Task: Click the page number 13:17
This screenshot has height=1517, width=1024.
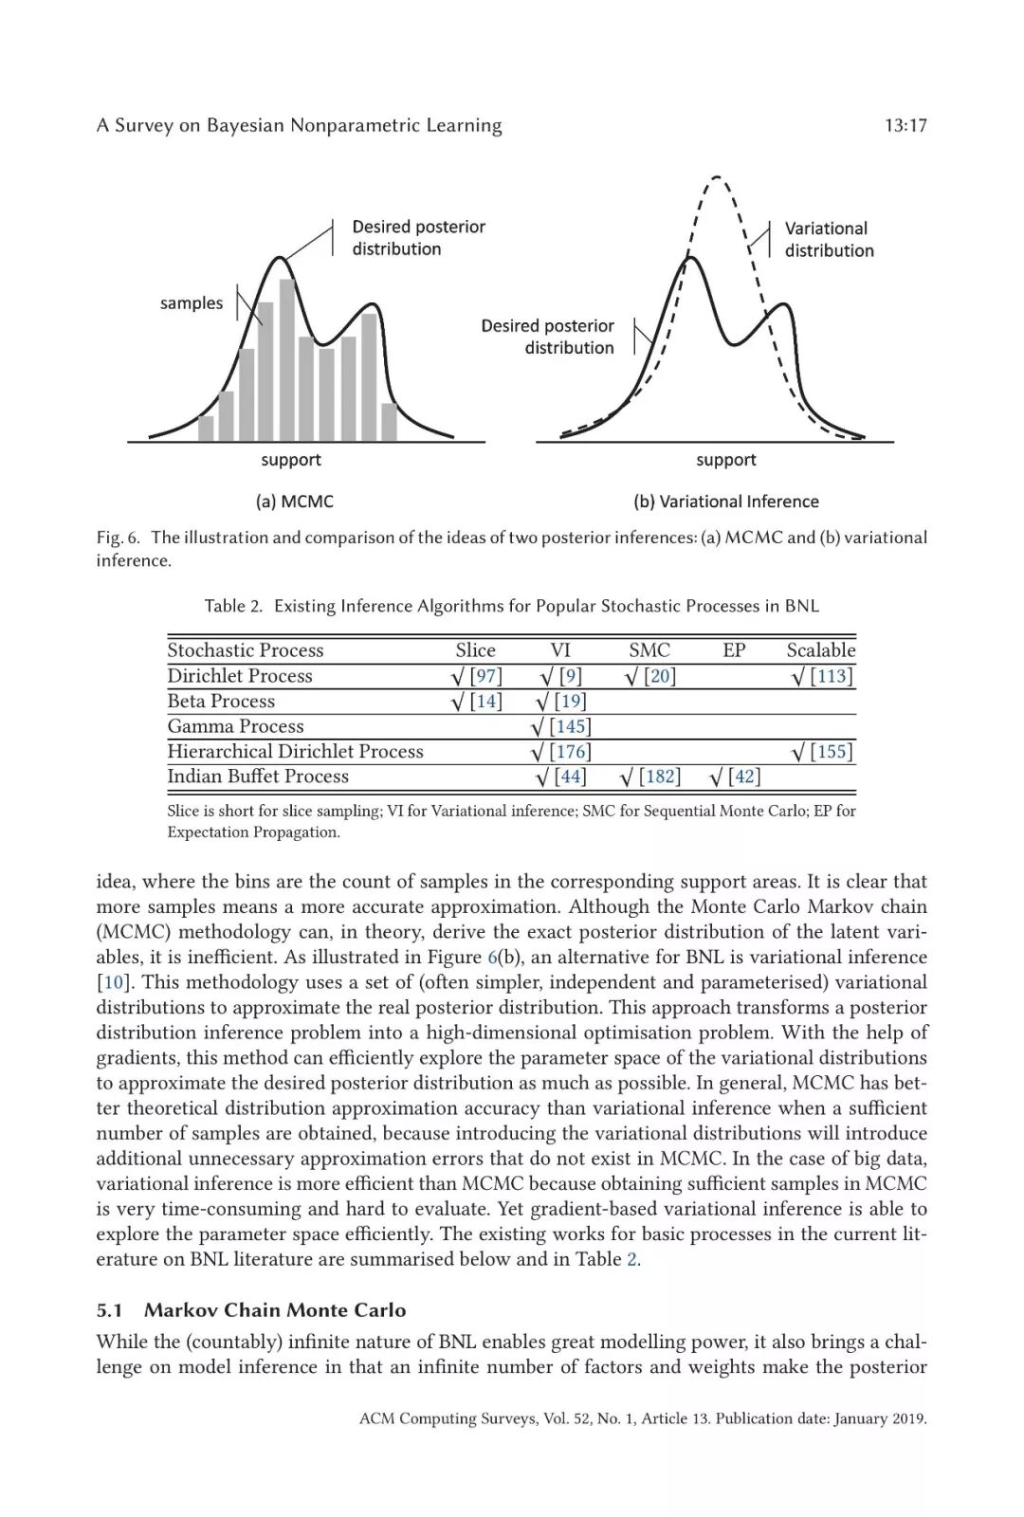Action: click(905, 125)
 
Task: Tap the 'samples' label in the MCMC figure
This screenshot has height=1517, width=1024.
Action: click(192, 303)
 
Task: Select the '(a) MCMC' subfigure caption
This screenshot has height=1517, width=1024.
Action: click(294, 502)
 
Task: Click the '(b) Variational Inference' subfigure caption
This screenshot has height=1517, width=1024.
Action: click(725, 502)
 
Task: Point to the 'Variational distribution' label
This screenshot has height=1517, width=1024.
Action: click(828, 240)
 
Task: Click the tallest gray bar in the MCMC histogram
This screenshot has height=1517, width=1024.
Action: click(288, 360)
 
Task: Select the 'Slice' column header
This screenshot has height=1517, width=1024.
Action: click(475, 650)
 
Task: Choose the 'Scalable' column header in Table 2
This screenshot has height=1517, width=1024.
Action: click(820, 650)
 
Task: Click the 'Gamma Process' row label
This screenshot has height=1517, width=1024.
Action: click(235, 726)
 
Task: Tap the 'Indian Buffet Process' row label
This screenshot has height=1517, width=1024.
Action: click(258, 777)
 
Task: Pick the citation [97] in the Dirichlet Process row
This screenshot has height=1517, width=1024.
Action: click(485, 676)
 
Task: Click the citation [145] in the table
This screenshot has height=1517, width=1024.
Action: click(570, 726)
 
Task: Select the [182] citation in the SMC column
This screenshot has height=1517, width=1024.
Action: click(659, 777)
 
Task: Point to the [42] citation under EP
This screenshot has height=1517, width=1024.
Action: click(744, 777)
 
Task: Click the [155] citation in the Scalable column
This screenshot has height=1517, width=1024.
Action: click(832, 752)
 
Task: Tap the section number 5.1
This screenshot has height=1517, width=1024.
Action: click(110, 1310)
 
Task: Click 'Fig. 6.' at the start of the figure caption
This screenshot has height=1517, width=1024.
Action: click(119, 538)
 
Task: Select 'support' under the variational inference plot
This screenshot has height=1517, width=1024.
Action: click(725, 460)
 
